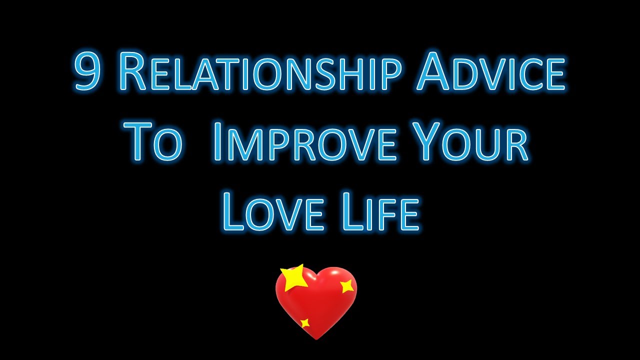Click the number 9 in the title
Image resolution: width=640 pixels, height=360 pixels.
[x=88, y=73]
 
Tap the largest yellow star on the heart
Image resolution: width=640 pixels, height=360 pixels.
[x=294, y=278]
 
